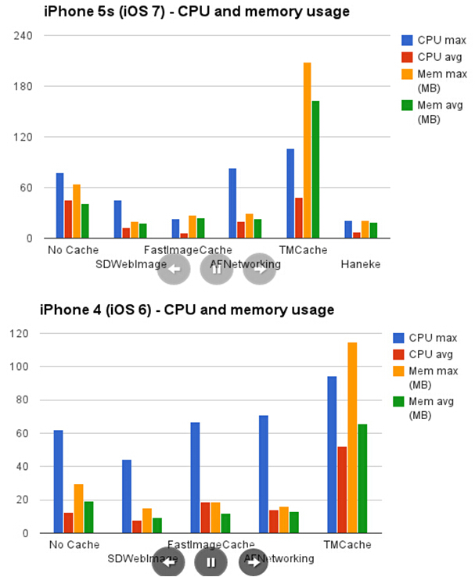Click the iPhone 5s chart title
point(196,11)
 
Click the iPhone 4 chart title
point(187,310)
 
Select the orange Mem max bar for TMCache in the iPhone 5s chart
point(308,150)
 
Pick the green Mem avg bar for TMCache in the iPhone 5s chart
point(315,169)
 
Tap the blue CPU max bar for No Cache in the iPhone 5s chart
point(59,205)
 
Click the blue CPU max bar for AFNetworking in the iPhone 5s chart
point(232,203)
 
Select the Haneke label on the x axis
point(360,264)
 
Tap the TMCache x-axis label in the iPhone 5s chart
point(303,250)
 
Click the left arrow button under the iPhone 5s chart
point(174,268)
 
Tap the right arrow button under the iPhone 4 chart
point(254,562)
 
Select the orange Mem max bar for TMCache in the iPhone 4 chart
point(352,438)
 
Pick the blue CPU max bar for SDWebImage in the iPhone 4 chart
point(127,496)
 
